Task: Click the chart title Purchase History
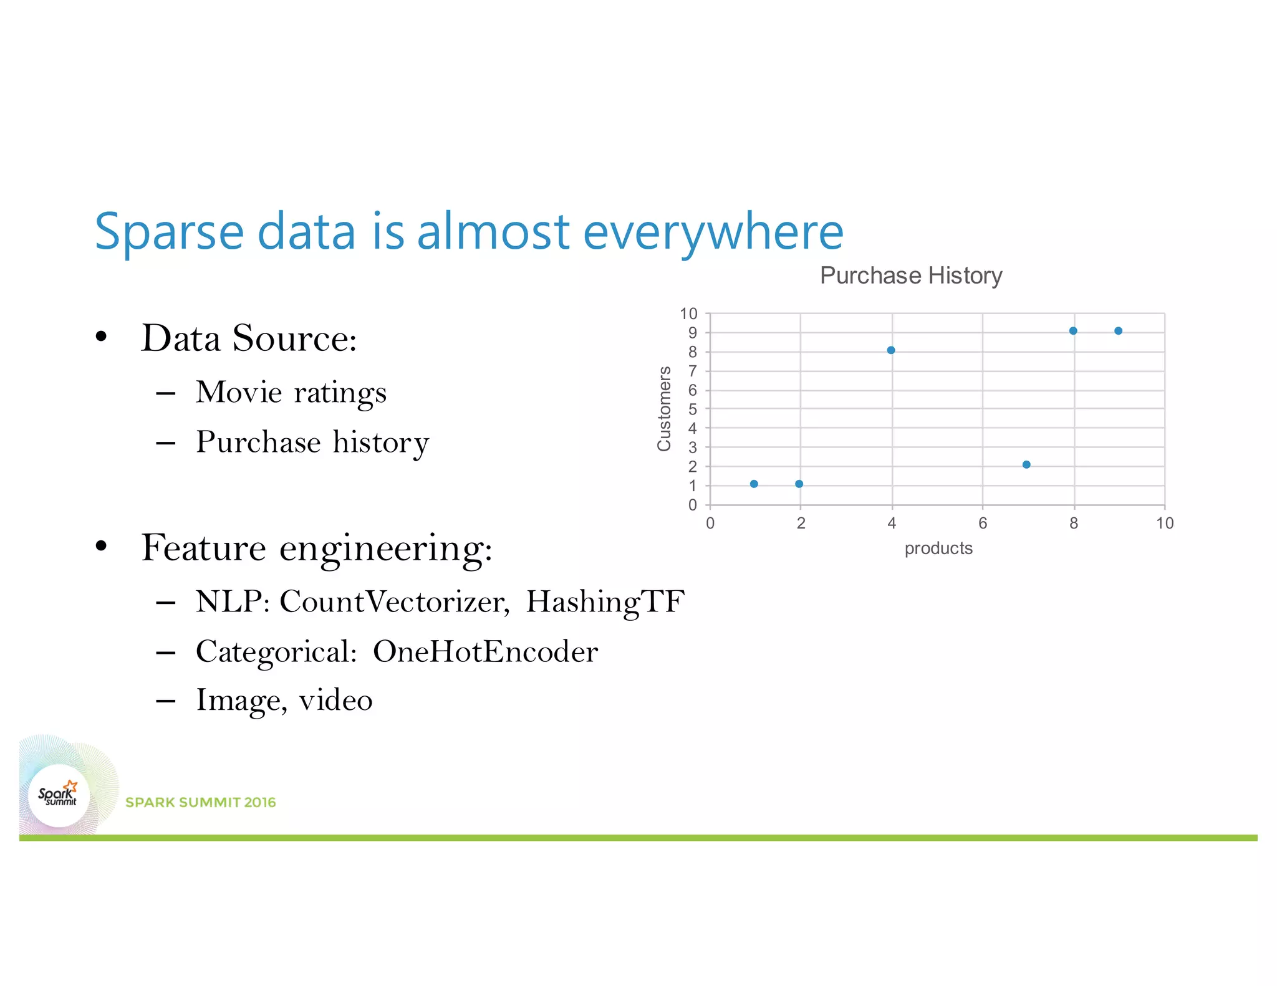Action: point(911,275)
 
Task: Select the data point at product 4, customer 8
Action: point(891,350)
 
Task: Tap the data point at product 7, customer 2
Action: point(1026,464)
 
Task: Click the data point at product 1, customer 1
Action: point(754,484)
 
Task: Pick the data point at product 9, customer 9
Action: point(1118,331)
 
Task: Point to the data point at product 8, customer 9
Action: point(1073,331)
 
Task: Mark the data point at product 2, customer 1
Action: point(799,484)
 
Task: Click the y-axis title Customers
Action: point(664,408)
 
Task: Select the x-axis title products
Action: point(938,548)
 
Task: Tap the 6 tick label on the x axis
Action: point(983,524)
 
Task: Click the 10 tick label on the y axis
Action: point(688,314)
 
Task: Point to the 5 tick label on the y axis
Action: point(692,409)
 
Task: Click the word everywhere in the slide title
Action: point(713,232)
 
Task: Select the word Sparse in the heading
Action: point(169,232)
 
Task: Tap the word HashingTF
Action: point(605,602)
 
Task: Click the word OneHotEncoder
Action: point(485,652)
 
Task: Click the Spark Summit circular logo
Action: point(59,795)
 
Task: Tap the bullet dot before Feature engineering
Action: point(102,547)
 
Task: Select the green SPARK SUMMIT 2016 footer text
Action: point(201,803)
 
